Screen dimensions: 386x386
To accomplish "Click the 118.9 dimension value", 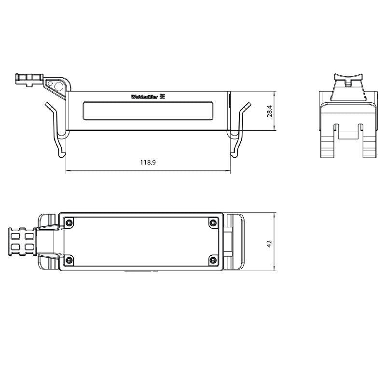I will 148,163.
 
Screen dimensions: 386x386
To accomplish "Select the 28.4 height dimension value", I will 270,111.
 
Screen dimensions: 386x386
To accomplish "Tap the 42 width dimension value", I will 269,243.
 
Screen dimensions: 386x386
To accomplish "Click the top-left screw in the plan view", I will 70,222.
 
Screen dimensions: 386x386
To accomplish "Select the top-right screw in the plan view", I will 213,222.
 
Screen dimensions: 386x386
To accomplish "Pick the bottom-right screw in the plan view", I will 213,261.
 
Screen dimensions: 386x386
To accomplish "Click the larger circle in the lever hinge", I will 59,87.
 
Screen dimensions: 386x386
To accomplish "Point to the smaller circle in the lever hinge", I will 51,83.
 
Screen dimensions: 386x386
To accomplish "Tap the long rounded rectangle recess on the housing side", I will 148,110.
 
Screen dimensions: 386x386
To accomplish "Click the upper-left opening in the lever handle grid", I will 16,236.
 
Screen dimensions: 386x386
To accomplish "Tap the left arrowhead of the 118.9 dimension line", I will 67,170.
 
